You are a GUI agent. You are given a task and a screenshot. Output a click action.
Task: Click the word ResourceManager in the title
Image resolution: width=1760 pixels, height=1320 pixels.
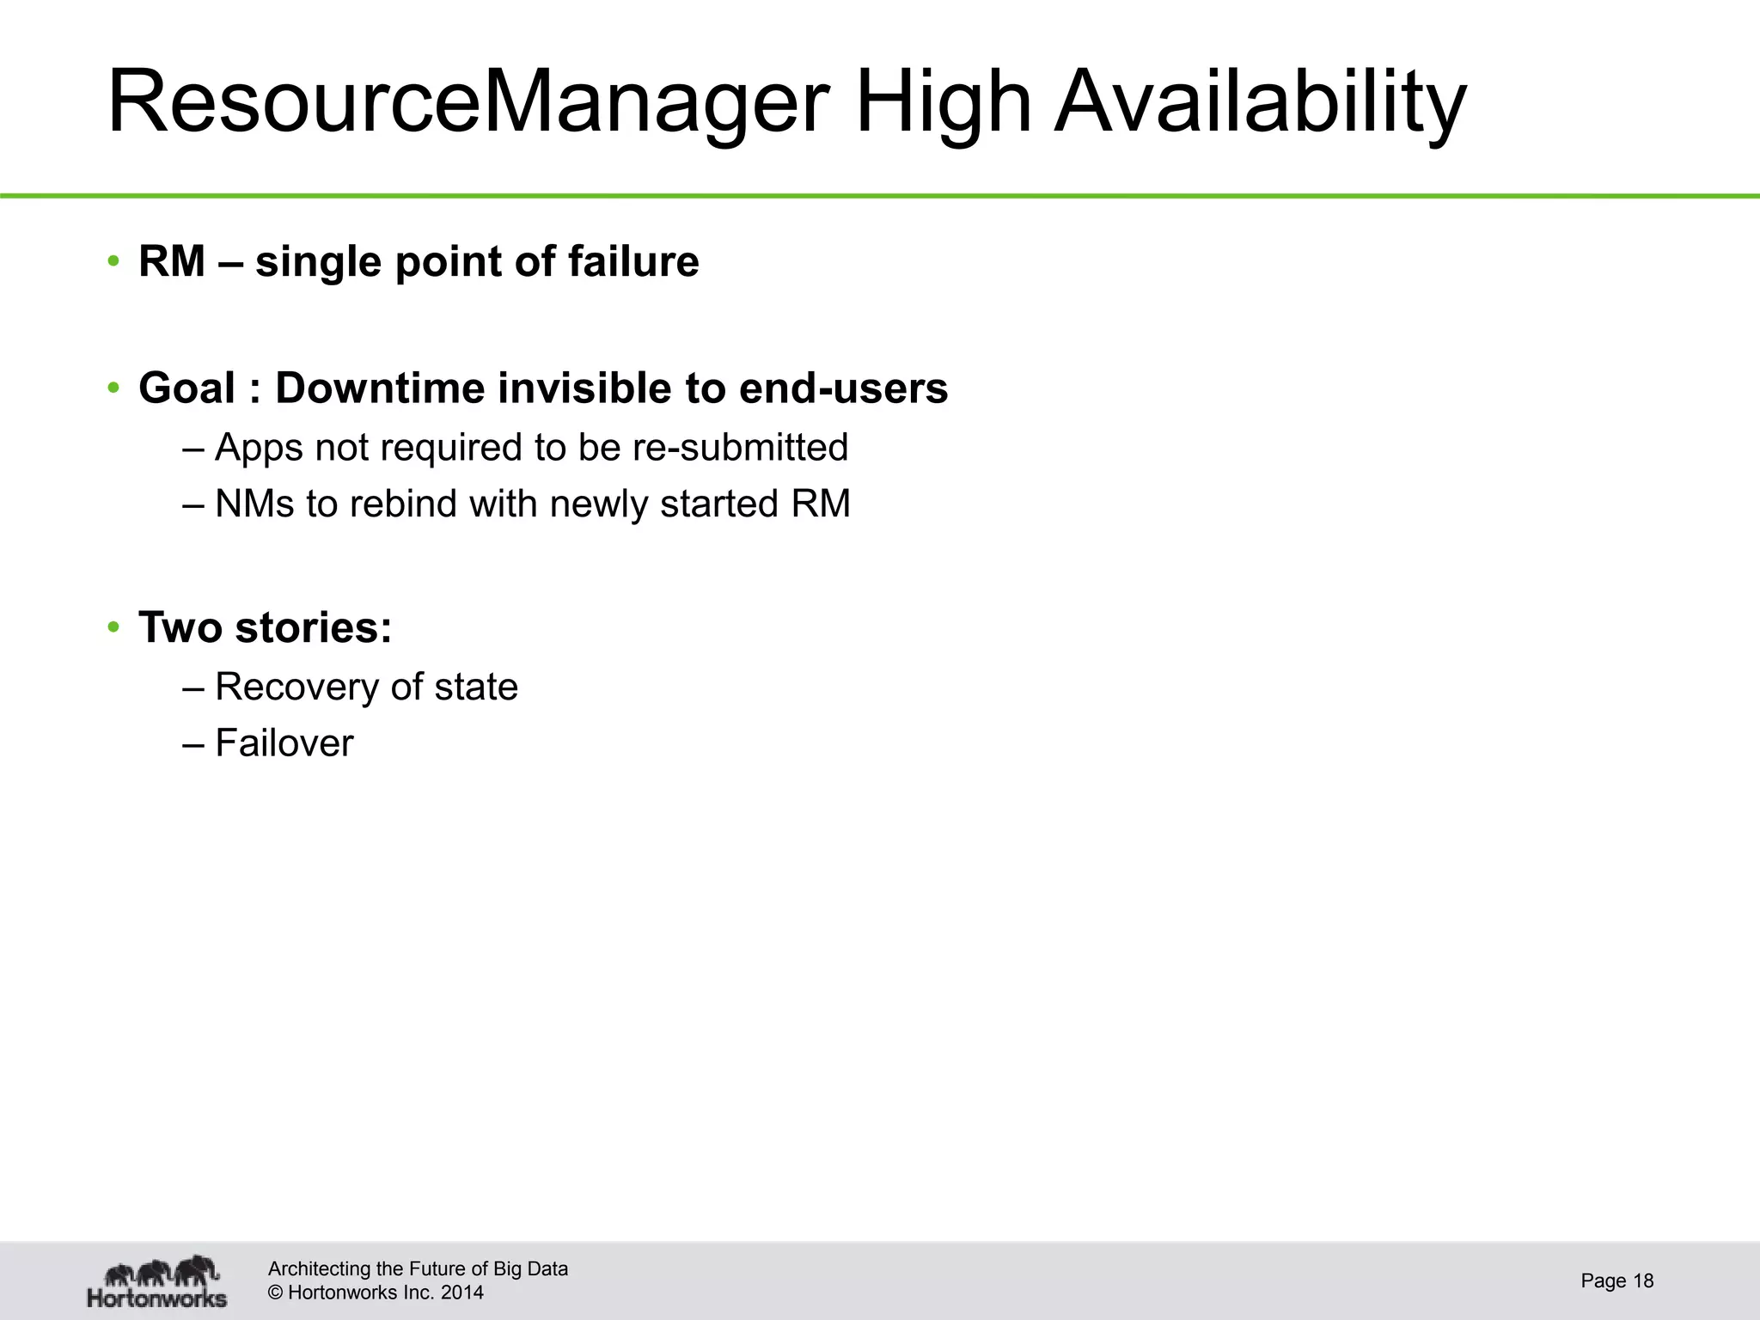467,103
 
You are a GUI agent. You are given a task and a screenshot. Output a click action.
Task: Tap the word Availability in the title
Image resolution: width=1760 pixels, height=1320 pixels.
1260,103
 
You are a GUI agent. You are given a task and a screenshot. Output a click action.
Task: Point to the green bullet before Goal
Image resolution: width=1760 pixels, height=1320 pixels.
113,388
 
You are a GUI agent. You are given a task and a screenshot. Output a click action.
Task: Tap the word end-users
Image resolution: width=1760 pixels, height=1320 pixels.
843,388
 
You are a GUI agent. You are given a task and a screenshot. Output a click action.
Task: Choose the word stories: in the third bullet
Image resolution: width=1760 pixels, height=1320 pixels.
314,627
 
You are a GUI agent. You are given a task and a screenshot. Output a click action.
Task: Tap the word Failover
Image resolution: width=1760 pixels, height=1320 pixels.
284,743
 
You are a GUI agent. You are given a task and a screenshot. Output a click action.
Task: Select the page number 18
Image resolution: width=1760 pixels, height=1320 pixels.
1642,1280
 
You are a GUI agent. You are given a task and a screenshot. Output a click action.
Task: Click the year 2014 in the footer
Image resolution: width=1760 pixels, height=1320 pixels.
462,1292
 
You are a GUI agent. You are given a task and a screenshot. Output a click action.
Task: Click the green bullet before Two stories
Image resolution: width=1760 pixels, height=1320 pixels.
113,627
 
